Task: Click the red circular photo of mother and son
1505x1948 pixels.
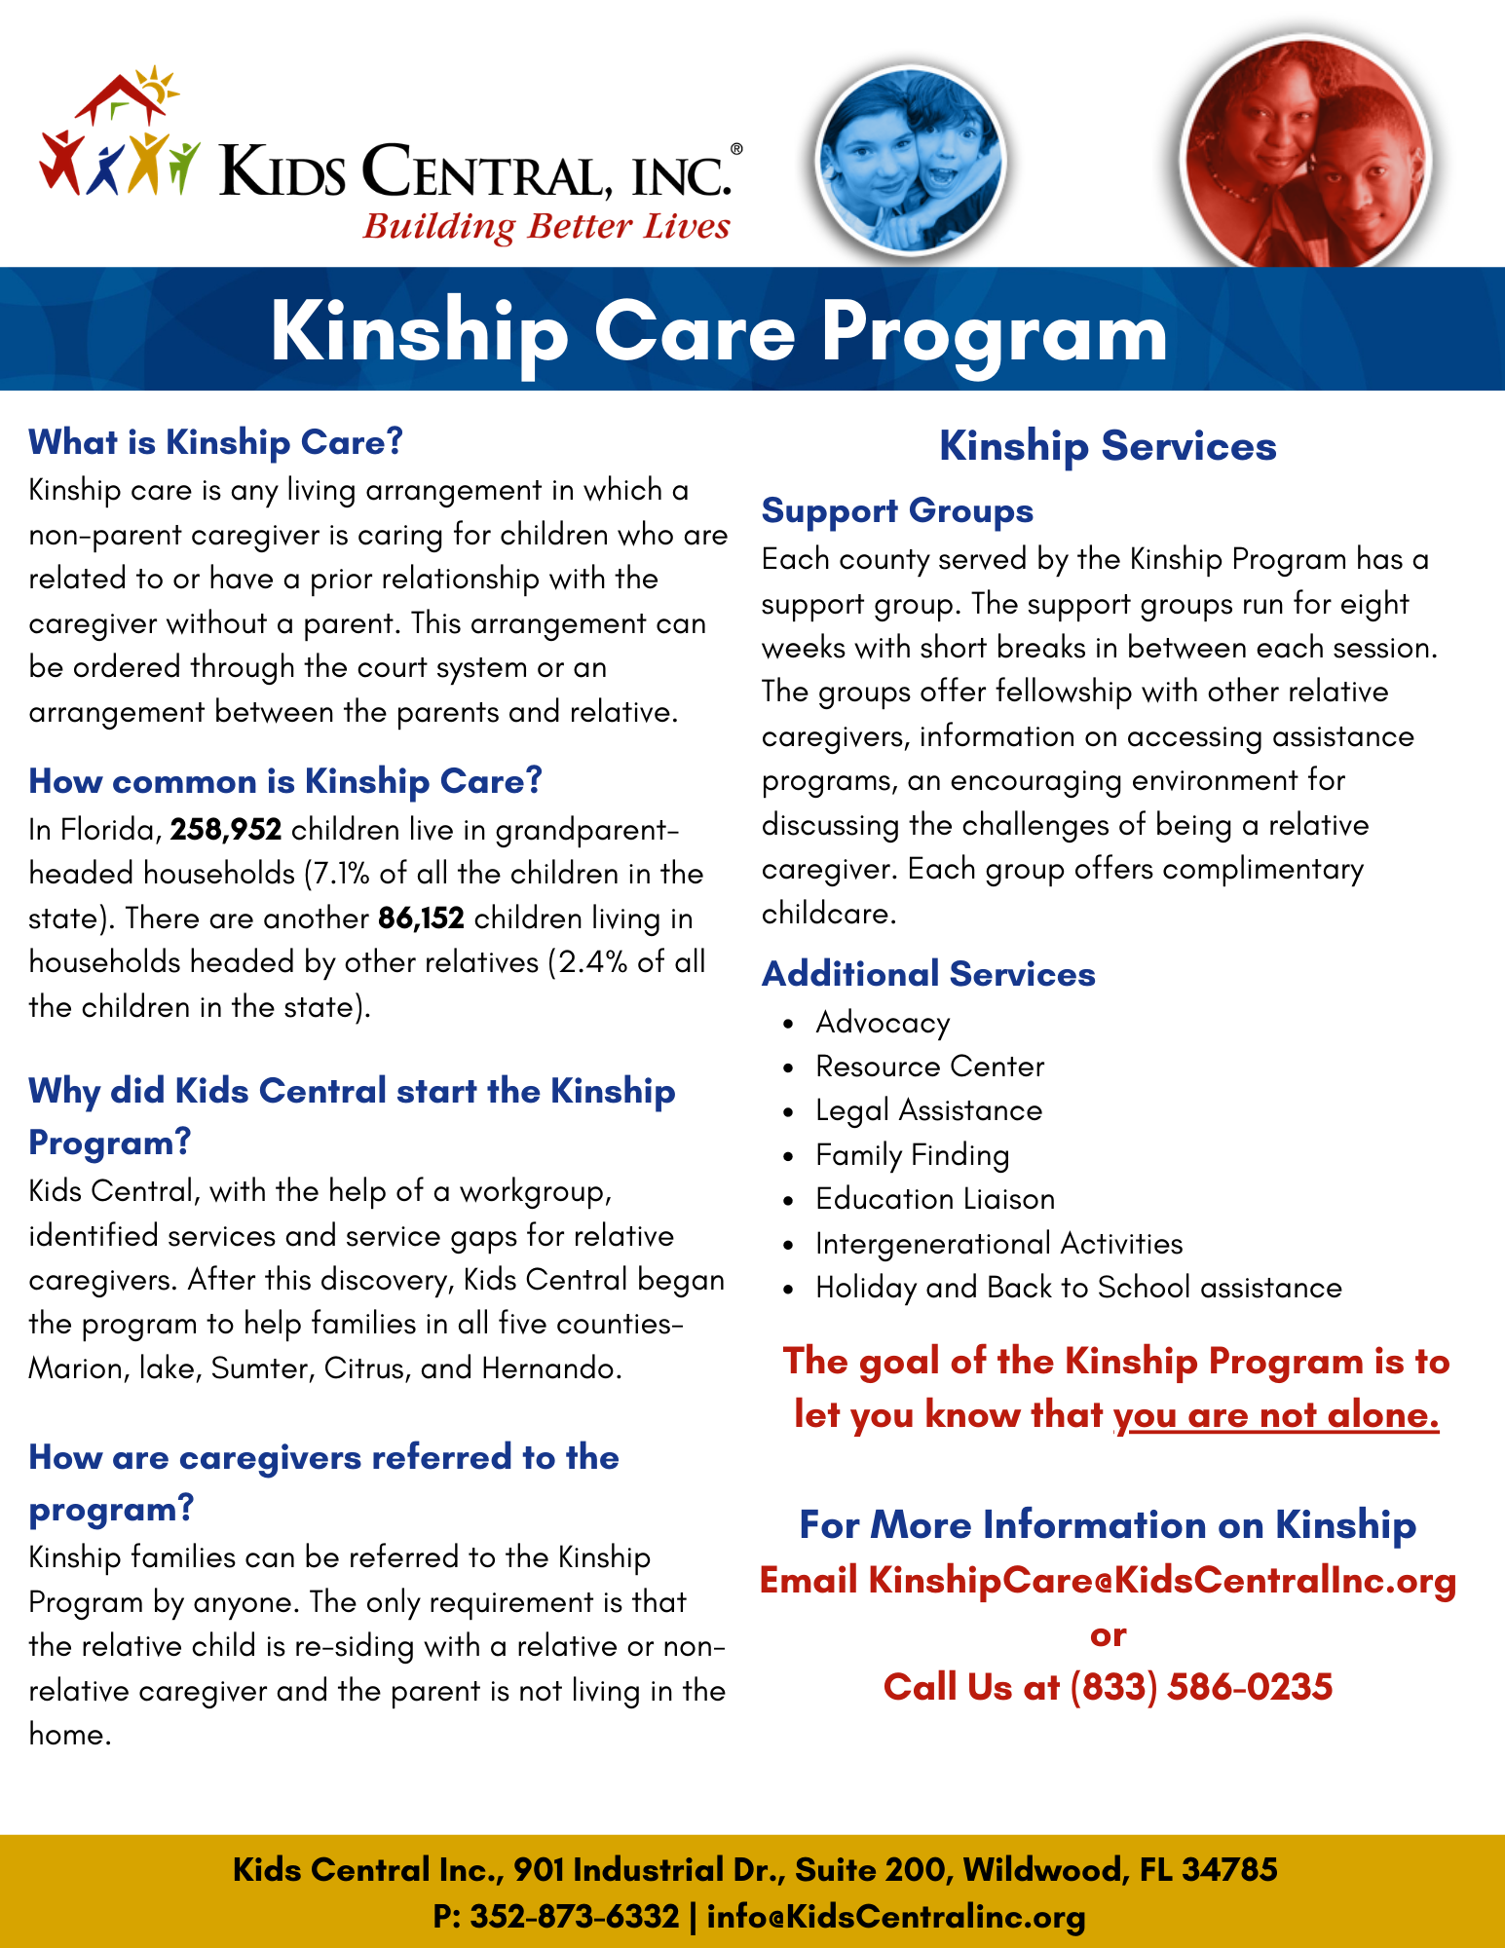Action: [1305, 156]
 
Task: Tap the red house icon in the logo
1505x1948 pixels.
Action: [122, 97]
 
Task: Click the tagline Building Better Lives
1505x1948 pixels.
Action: [546, 226]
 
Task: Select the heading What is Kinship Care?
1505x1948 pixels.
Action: [215, 442]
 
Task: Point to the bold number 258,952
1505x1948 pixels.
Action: [226, 830]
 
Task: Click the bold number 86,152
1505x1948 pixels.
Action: [421, 918]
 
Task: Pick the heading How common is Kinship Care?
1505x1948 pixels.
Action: [285, 781]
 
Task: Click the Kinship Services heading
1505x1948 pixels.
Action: [1108, 446]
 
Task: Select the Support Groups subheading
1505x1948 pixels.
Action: [897, 510]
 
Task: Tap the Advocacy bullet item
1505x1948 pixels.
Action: [883, 1023]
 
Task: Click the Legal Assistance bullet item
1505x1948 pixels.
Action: [928, 1110]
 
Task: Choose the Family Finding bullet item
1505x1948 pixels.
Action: [912, 1155]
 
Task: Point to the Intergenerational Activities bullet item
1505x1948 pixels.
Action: [998, 1244]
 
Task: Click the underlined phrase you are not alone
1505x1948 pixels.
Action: [1276, 1414]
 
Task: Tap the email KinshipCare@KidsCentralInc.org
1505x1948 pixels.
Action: [1161, 1580]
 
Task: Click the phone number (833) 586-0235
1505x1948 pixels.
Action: [1200, 1687]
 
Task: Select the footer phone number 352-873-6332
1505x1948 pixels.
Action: [574, 1916]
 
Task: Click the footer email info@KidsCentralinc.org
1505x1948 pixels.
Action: [895, 1916]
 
